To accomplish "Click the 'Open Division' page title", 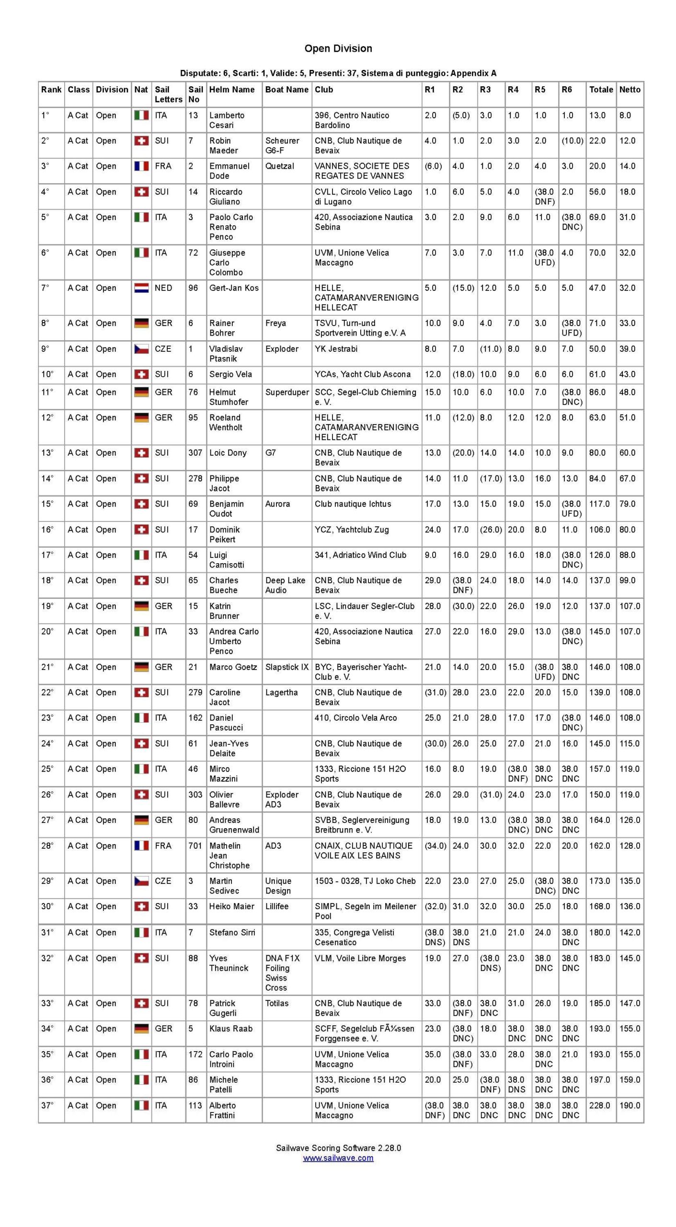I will click(x=338, y=48).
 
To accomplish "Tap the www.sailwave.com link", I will click(x=338, y=1158).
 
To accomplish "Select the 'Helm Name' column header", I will click(x=232, y=90).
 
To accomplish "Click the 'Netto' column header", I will click(x=630, y=90).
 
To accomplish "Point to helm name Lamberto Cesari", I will click(x=227, y=120).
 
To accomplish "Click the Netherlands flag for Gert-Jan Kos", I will click(x=141, y=288).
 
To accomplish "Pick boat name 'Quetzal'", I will click(x=280, y=166).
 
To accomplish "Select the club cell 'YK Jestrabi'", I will click(x=336, y=349).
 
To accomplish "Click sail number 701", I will click(x=195, y=846).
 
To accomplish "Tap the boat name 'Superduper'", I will click(x=287, y=392).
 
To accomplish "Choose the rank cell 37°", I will click(x=47, y=1105).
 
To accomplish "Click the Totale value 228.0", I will click(x=599, y=1105).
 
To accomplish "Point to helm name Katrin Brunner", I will click(x=224, y=611).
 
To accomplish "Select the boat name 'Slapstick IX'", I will click(x=287, y=667).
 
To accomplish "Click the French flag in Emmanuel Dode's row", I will click(x=141, y=166).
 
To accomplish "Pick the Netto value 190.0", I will click(x=630, y=1105).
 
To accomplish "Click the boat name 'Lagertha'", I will click(x=282, y=693).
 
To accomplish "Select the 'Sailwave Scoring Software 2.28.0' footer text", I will click(x=338, y=1148).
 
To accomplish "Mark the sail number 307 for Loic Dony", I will click(x=195, y=453).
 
